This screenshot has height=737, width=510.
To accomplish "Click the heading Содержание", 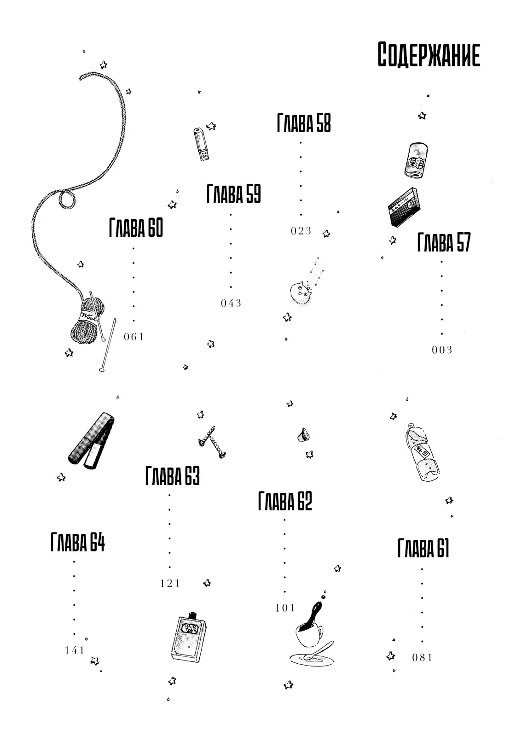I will (429, 55).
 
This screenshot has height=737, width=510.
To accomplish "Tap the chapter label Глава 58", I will (304, 123).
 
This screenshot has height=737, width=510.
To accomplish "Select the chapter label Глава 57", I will (444, 242).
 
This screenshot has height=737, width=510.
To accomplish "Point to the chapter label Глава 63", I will (173, 475).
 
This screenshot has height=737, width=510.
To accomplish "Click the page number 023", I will (301, 231).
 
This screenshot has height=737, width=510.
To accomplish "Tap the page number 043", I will (231, 303).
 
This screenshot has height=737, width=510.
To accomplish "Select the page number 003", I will (442, 350).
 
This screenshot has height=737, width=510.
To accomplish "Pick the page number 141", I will (75, 650).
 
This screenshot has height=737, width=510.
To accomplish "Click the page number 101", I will (285, 608).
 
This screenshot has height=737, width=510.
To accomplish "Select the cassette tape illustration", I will (402, 206).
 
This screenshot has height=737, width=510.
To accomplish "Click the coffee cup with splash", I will (308, 633).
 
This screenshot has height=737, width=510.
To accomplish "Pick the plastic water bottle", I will (422, 453).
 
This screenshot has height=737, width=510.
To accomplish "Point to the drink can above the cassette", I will (417, 159).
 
